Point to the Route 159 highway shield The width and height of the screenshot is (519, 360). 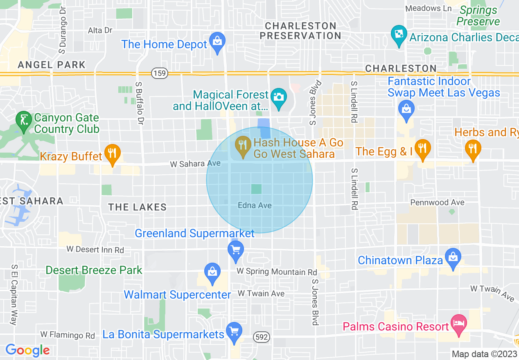[159, 74]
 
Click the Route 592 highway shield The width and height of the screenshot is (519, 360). [261, 337]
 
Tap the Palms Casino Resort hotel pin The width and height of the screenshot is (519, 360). [458, 324]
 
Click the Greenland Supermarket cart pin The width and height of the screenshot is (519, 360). [235, 250]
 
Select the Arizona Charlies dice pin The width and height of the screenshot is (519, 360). [398, 35]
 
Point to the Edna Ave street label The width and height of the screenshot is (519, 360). [255, 205]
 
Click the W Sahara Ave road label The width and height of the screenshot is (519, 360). [195, 164]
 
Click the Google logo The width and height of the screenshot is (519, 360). [27, 350]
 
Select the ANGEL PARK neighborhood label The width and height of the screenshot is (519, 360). [52, 65]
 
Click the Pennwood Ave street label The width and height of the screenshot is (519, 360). [437, 202]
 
